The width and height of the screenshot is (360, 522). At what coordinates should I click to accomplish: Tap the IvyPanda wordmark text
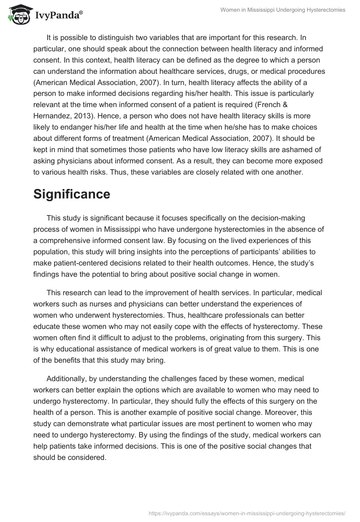coord(58,16)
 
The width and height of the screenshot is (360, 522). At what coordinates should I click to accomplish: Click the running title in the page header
coord(283,10)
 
